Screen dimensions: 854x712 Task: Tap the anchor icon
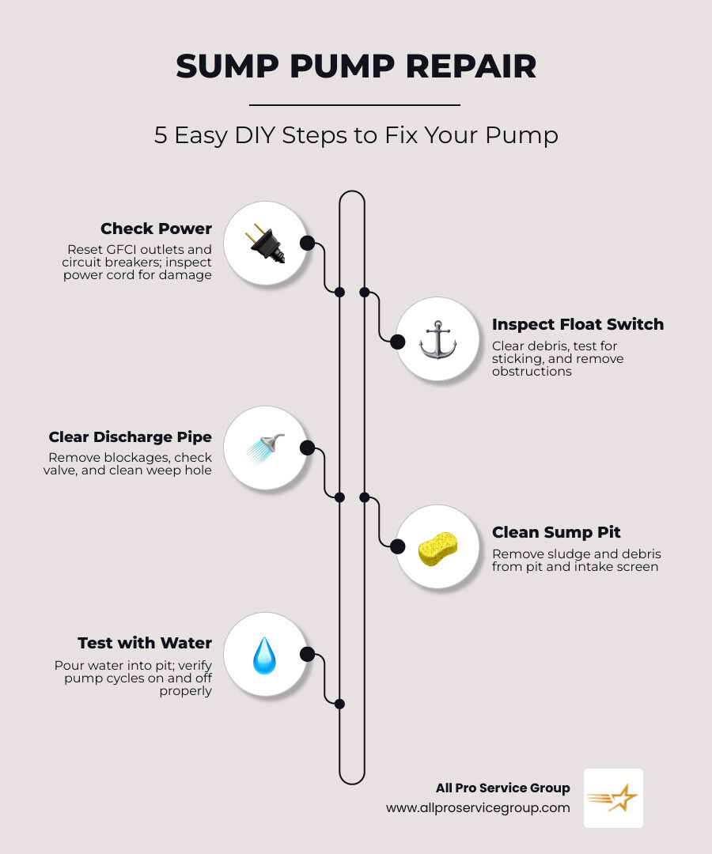point(437,340)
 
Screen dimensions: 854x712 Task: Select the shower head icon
point(264,448)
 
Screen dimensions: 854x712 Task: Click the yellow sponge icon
point(437,548)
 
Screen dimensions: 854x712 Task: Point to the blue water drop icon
point(264,656)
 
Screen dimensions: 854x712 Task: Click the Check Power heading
point(156,229)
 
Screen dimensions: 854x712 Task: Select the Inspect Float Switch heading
point(578,324)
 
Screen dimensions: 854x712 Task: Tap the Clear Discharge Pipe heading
point(130,437)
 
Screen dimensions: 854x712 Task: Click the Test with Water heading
point(145,643)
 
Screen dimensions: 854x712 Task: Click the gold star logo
point(614,799)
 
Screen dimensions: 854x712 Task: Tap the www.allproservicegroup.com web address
point(478,808)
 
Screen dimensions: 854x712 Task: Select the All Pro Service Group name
point(502,788)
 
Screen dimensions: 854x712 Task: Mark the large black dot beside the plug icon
point(307,243)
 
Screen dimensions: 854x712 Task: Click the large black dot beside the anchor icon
point(397,342)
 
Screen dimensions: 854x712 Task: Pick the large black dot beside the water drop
point(307,655)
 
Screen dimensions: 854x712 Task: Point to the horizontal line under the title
point(354,104)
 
